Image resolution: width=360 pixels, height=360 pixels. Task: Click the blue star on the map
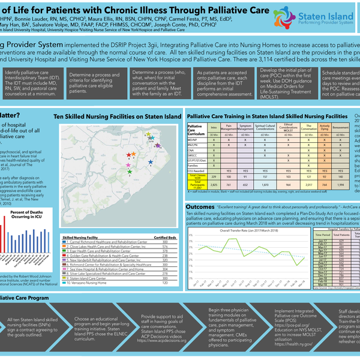click(150, 163)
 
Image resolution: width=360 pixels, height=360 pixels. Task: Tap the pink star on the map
click(127, 164)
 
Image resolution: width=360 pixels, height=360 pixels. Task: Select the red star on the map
click(133, 154)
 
